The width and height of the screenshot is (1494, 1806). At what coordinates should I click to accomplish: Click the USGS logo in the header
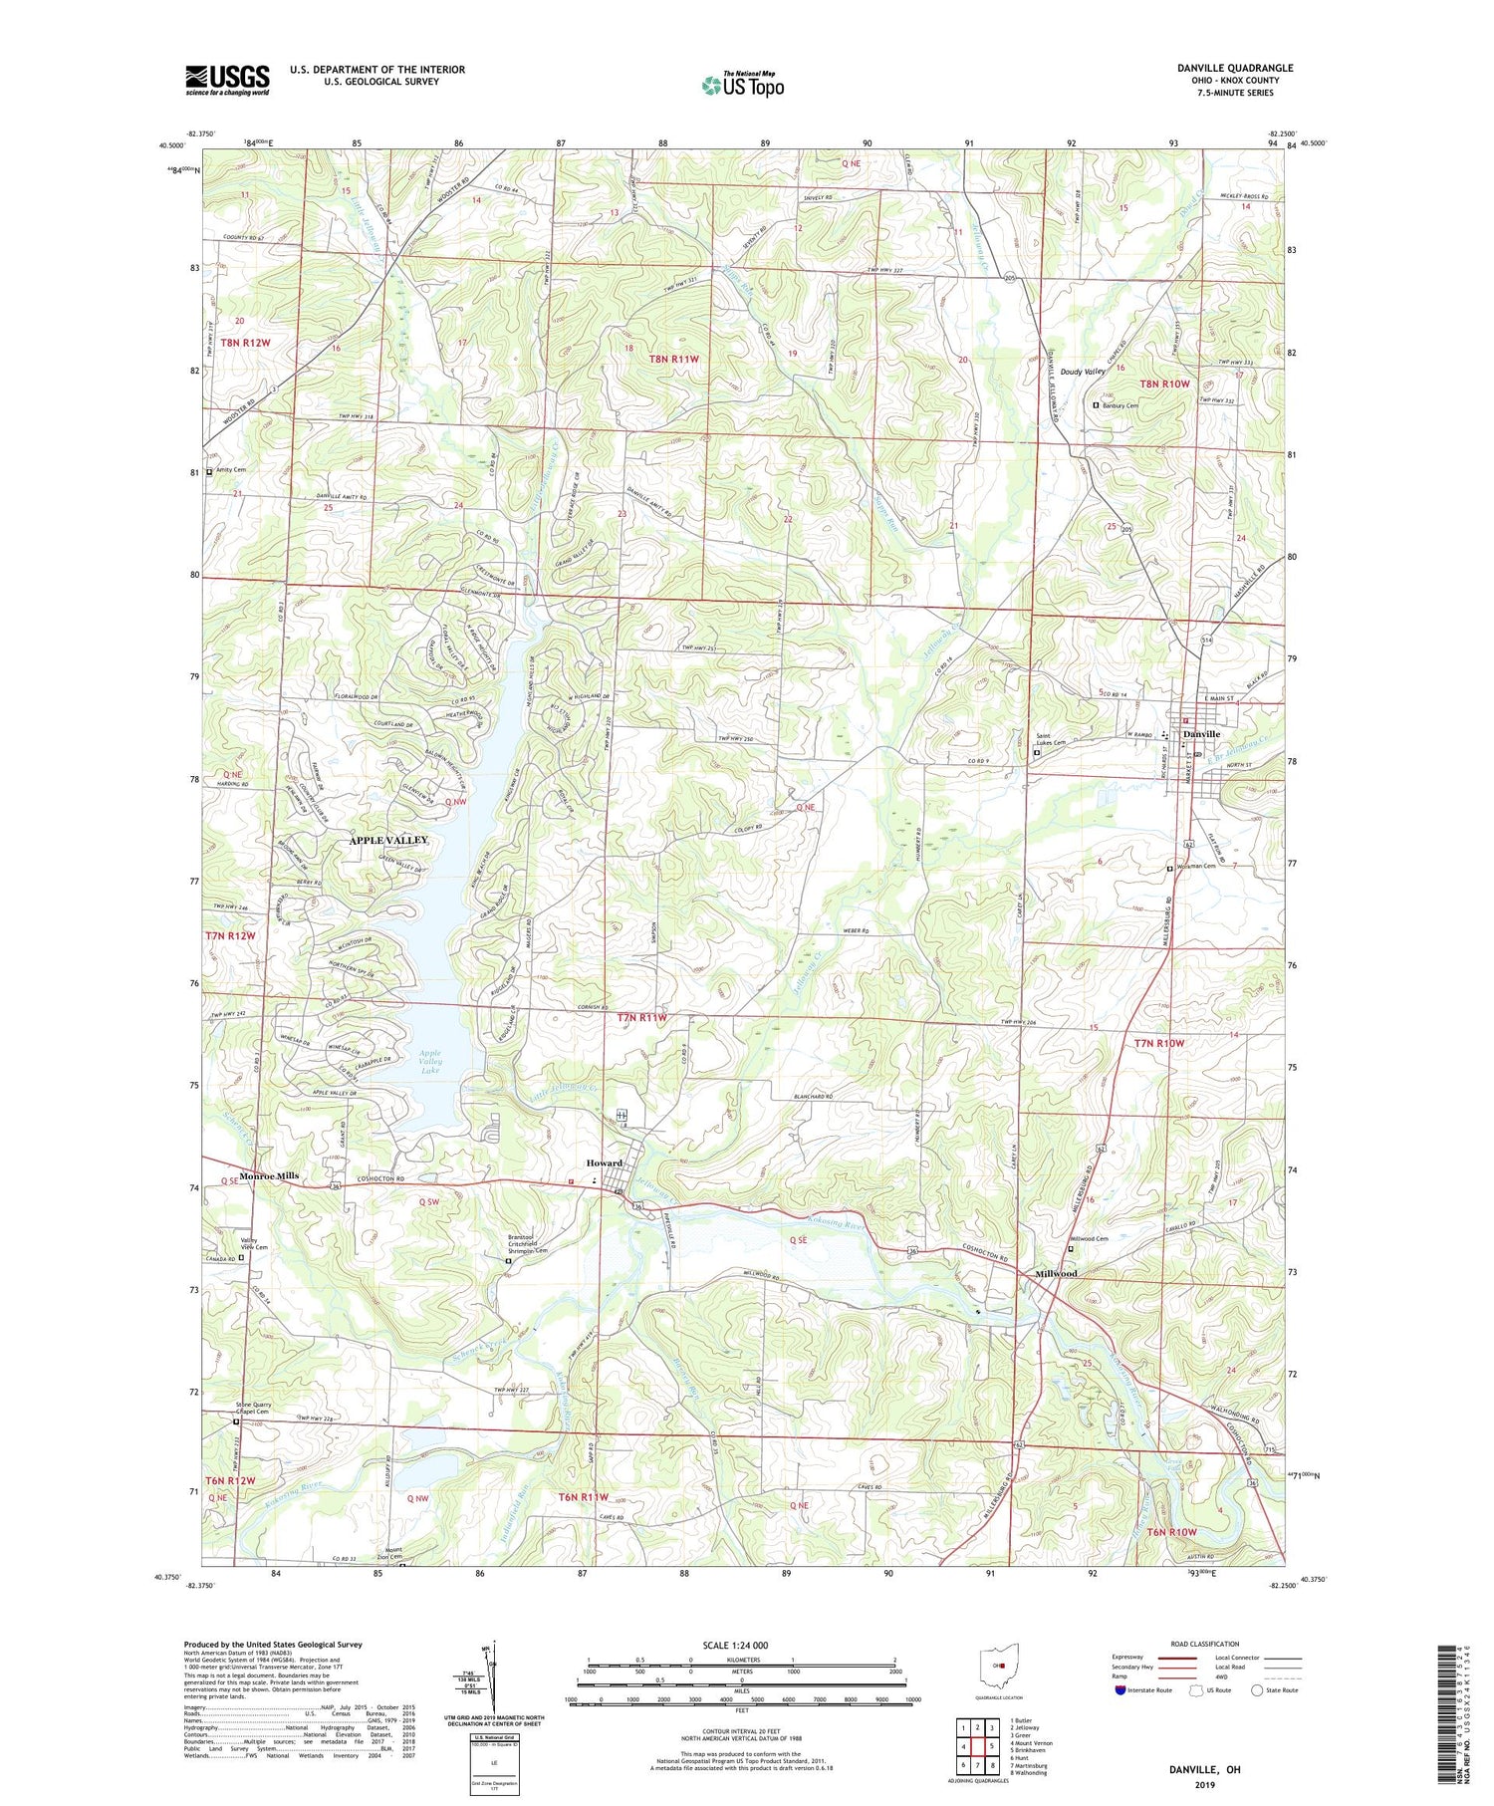click(227, 80)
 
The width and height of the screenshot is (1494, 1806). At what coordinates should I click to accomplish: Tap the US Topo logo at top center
click(742, 85)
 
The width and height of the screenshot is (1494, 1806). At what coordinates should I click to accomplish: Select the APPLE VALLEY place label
click(388, 841)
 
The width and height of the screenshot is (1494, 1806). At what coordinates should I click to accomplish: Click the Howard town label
click(604, 1162)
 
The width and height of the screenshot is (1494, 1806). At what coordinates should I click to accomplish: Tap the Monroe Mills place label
click(269, 1175)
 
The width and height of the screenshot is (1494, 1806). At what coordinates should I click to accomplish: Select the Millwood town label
click(1056, 1273)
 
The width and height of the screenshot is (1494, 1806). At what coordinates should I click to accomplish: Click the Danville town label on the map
click(1202, 734)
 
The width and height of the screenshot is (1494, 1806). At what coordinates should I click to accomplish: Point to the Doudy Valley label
click(1083, 372)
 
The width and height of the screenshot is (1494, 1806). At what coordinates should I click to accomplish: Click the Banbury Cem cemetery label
click(1120, 405)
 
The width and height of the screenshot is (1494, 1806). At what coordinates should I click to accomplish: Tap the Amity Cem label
click(229, 469)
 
